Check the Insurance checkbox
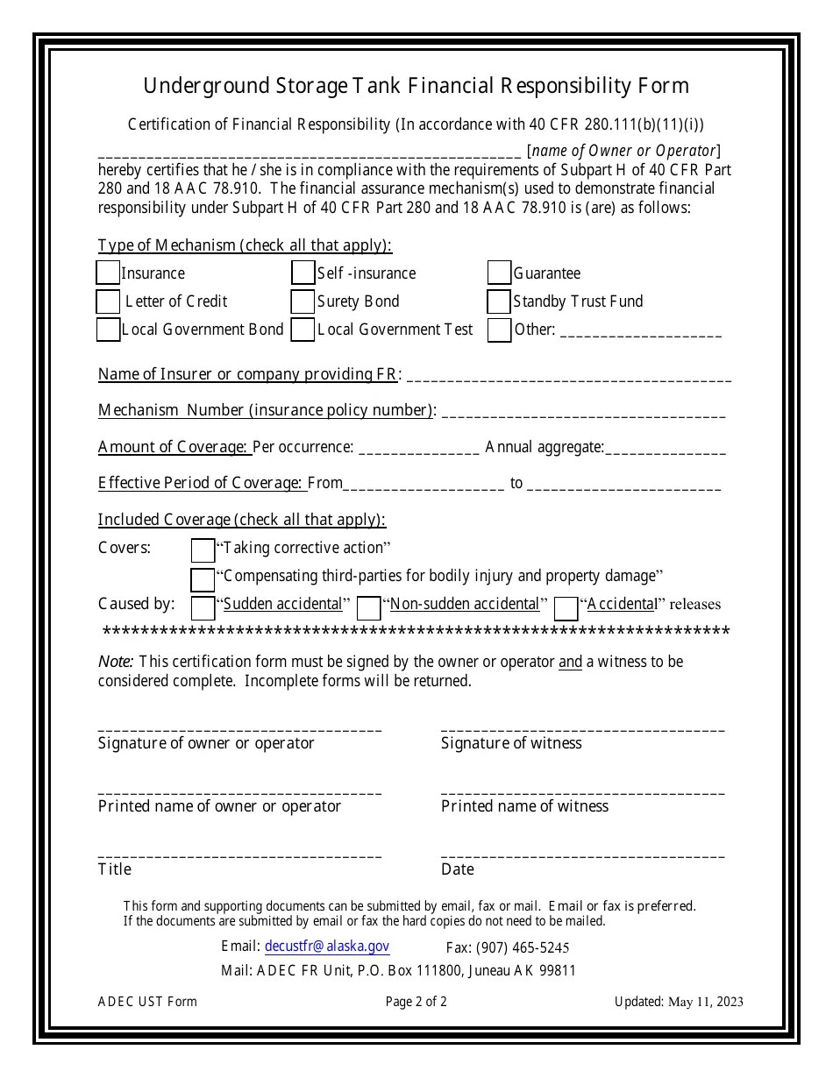pyautogui.click(x=108, y=273)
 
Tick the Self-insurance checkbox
pyautogui.click(x=303, y=273)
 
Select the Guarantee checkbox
pyautogui.click(x=500, y=273)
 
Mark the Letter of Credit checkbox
pyautogui.click(x=108, y=301)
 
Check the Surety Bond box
pyautogui.click(x=303, y=301)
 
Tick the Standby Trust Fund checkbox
pyautogui.click(x=500, y=301)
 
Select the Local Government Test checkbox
pyautogui.click(x=303, y=330)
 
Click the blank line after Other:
pyautogui.click(x=640, y=333)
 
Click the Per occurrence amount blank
pyautogui.click(x=419, y=450)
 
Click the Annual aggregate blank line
pyautogui.click(x=666, y=450)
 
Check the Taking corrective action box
pyautogui.click(x=203, y=550)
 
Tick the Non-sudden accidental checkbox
pyautogui.click(x=369, y=607)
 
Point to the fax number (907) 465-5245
pyautogui.click(x=508, y=947)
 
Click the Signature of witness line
pyautogui.click(x=582, y=728)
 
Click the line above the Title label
pyautogui.click(x=239, y=855)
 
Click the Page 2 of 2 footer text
pyautogui.click(x=416, y=1001)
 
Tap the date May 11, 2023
pyautogui.click(x=706, y=1002)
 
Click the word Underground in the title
pyautogui.click(x=196, y=86)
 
